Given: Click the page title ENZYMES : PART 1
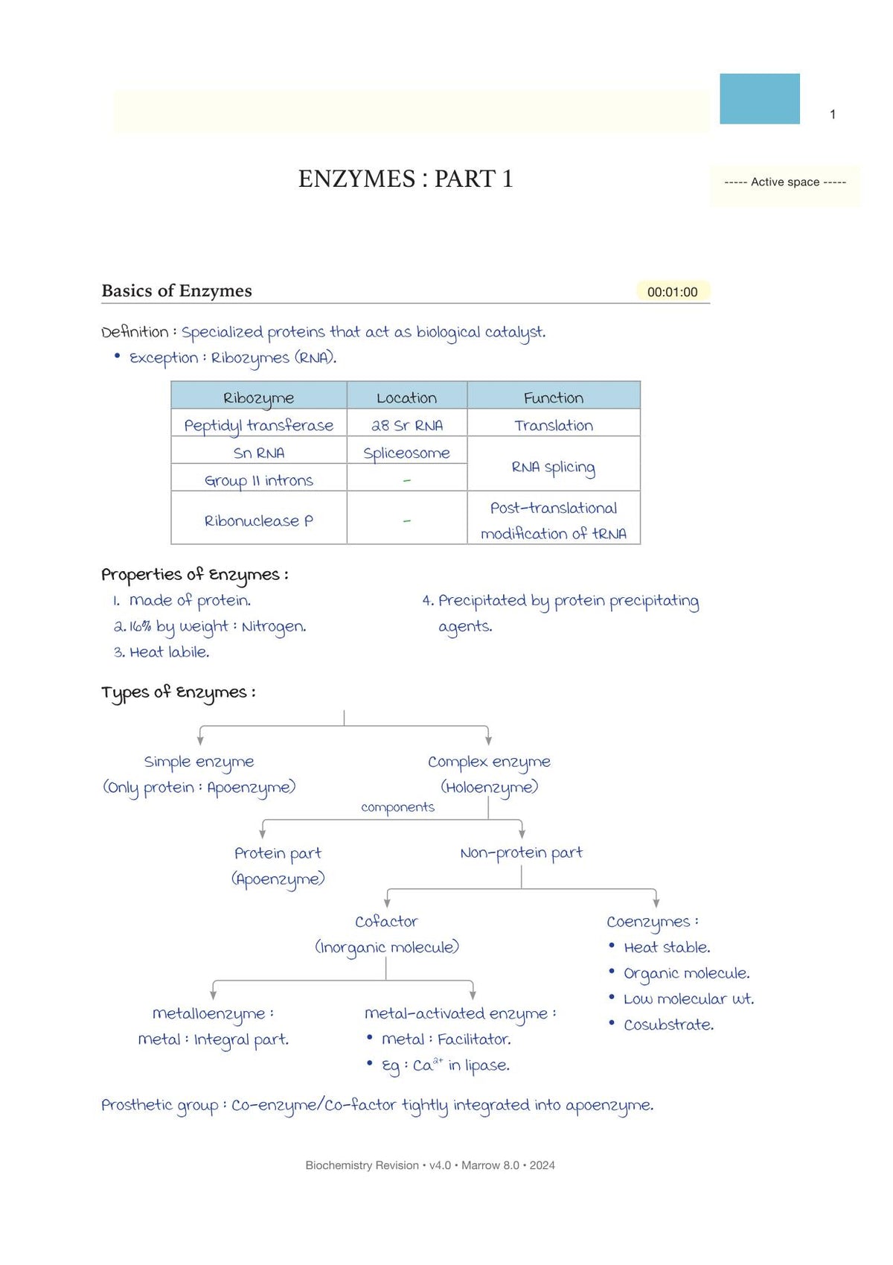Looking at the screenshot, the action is click(x=406, y=179).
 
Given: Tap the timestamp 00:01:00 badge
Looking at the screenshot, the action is click(x=672, y=292).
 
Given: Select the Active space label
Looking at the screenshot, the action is click(x=784, y=182).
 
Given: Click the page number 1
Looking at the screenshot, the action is click(x=833, y=115).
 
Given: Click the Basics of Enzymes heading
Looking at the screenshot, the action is click(x=176, y=291).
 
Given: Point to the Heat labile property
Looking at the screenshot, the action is click(x=161, y=652).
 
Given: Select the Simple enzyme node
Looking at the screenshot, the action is click(x=199, y=762).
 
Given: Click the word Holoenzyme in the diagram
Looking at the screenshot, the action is click(x=490, y=787).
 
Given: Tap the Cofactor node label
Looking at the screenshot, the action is click(x=386, y=922).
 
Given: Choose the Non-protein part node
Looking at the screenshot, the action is click(x=521, y=853).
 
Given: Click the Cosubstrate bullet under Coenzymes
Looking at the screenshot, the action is click(x=668, y=1025).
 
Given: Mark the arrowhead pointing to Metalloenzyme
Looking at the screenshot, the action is click(x=214, y=995).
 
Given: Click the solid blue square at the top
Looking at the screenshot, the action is click(x=759, y=99).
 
